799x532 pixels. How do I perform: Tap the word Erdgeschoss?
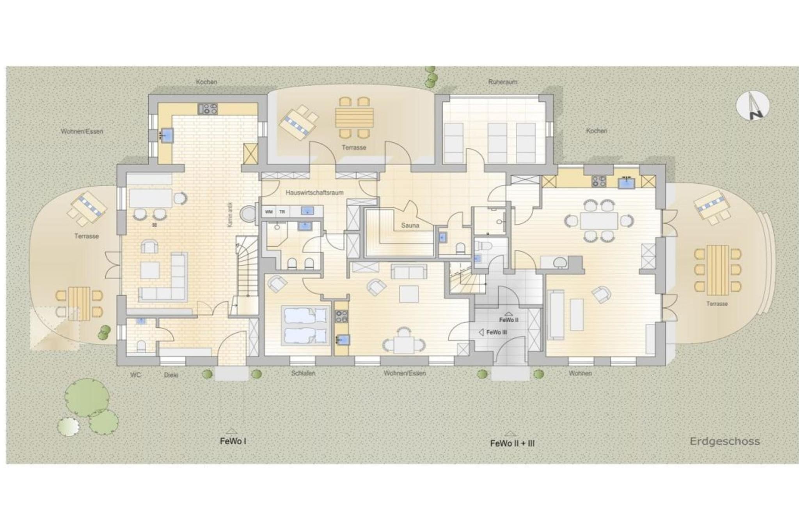[724, 441]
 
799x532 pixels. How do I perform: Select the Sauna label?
[410, 225]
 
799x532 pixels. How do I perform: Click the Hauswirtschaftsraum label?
[314, 193]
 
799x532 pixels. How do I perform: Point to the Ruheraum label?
[502, 82]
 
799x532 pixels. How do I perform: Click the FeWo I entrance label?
[233, 441]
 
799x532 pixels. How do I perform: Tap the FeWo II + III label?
[512, 443]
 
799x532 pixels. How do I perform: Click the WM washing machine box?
[269, 212]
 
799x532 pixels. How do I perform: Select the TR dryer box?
[282, 212]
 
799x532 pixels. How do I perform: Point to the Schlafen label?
[303, 373]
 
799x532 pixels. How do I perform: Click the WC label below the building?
[135, 375]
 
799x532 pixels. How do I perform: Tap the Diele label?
[171, 375]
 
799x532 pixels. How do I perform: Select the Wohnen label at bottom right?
[580, 373]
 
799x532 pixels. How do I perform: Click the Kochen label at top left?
[206, 82]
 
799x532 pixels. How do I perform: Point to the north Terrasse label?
[354, 147]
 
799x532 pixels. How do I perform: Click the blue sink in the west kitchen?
[168, 135]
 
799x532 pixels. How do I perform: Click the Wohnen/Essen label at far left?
[82, 131]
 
